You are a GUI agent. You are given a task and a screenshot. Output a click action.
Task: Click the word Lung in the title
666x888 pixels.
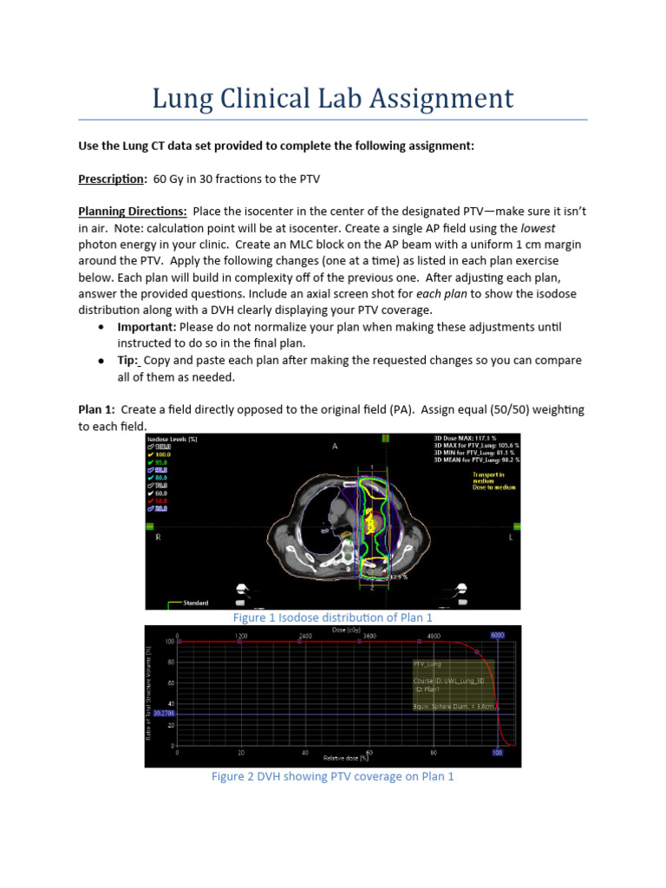[x=183, y=98]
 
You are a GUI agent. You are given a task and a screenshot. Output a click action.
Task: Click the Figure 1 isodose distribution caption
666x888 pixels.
[x=332, y=617]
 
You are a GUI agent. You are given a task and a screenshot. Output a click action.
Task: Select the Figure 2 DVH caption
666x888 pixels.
[x=332, y=776]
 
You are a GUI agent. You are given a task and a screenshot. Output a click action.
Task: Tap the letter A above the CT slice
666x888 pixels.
[x=334, y=445]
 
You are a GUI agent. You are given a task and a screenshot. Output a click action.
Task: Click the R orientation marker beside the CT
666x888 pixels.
[x=158, y=538]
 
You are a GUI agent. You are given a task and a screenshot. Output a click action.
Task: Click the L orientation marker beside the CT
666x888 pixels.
[x=511, y=538]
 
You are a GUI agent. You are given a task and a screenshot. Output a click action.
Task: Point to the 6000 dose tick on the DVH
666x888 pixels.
[x=498, y=635]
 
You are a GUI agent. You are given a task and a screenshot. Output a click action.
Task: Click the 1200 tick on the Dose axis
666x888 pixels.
[x=241, y=636]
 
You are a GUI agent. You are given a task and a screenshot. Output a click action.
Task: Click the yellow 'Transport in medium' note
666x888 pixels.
[x=487, y=479]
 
